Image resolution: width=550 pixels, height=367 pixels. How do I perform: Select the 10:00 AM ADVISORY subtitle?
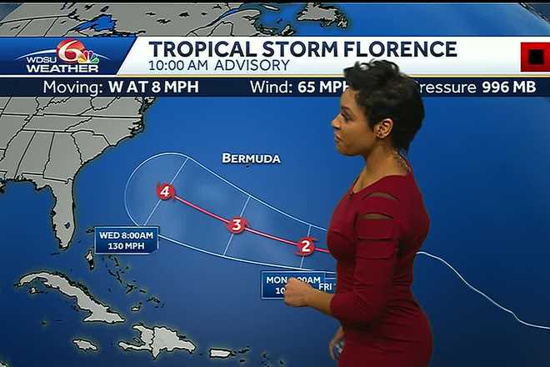[218, 65]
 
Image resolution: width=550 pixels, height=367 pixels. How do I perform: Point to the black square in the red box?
[534, 58]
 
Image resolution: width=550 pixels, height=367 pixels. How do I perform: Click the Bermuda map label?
[251, 158]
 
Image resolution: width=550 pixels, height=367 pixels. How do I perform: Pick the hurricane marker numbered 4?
[166, 192]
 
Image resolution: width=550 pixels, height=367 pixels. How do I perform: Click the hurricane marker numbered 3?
[237, 225]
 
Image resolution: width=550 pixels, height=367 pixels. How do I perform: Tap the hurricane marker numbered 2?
[306, 245]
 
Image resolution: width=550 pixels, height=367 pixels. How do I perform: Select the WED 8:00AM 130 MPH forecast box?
[126, 240]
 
